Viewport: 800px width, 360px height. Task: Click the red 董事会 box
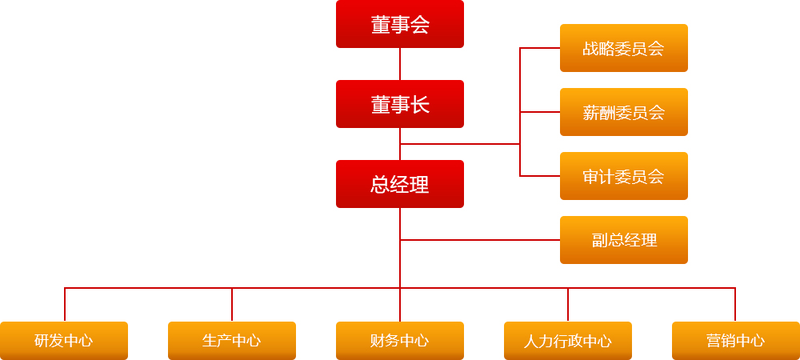tap(400, 24)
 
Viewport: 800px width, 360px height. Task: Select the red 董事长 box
tap(400, 104)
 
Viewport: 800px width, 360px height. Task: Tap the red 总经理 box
tap(400, 184)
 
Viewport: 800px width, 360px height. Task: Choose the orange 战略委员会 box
tap(624, 48)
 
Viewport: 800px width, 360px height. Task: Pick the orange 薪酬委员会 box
tap(624, 112)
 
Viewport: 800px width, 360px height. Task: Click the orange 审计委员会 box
tap(624, 176)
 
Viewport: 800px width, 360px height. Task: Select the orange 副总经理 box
tap(624, 240)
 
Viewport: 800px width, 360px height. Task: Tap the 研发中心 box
tap(64, 341)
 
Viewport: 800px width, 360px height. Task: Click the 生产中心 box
tap(232, 341)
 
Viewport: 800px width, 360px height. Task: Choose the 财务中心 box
tap(400, 341)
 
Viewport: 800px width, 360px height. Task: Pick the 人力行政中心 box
tap(568, 341)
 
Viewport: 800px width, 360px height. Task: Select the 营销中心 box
tap(736, 341)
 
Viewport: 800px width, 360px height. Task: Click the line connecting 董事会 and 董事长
tap(400, 64)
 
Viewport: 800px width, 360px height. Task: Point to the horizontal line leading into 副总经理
tap(480, 240)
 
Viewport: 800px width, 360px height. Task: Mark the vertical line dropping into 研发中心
tap(65, 305)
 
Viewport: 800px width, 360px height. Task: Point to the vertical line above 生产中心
tap(232, 305)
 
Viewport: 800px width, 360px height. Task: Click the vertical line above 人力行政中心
tap(568, 305)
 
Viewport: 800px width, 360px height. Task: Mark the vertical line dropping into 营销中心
tap(735, 305)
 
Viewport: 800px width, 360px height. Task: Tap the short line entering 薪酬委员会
tap(540, 112)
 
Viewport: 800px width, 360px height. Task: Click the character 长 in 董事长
tap(420, 105)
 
